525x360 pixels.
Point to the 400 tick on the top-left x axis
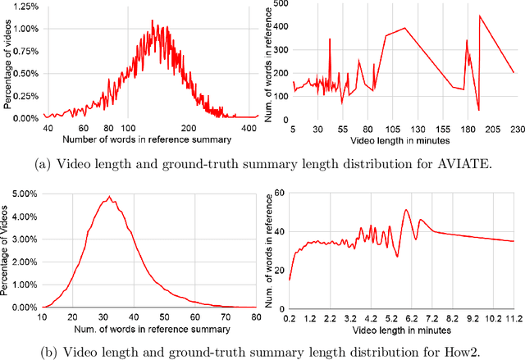tap(245, 129)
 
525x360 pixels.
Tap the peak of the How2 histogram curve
tap(110, 198)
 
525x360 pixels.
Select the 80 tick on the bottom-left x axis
tap(255, 317)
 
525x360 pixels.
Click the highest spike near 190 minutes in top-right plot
tap(480, 16)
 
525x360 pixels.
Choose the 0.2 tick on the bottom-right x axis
tap(289, 317)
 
